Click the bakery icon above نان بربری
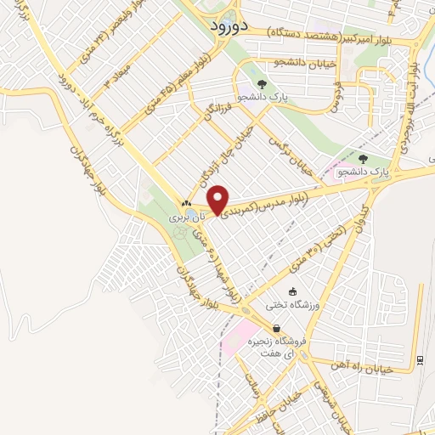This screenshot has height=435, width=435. tap(186, 204)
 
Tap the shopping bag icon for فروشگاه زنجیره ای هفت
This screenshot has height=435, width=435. tap(276, 328)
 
